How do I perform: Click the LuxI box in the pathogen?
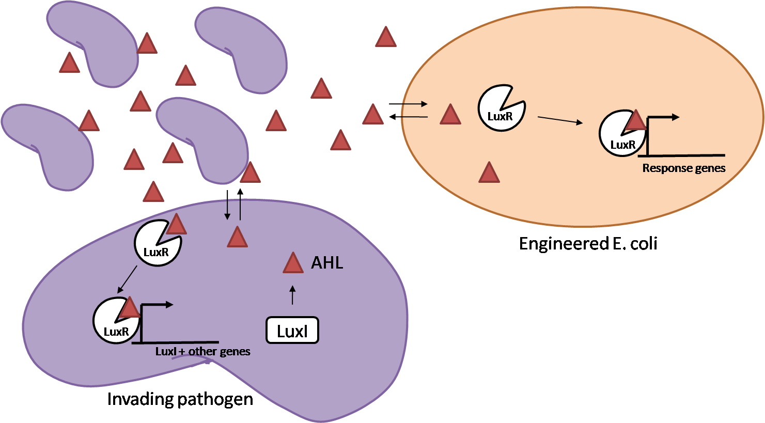(292, 331)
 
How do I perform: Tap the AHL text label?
(327, 263)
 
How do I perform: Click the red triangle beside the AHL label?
(293, 263)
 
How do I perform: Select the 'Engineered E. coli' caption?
(588, 243)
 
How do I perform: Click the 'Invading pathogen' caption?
(180, 399)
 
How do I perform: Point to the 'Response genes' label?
(683, 168)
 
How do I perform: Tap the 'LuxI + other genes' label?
(202, 352)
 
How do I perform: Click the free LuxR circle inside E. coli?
(501, 109)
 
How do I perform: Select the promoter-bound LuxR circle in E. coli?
(620, 134)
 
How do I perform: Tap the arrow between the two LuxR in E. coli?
(560, 120)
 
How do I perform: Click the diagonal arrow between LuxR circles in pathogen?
(127, 279)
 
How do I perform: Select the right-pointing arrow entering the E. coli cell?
(408, 104)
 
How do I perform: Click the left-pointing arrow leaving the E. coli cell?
(408, 117)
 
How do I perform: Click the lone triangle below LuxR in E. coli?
(489, 174)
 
